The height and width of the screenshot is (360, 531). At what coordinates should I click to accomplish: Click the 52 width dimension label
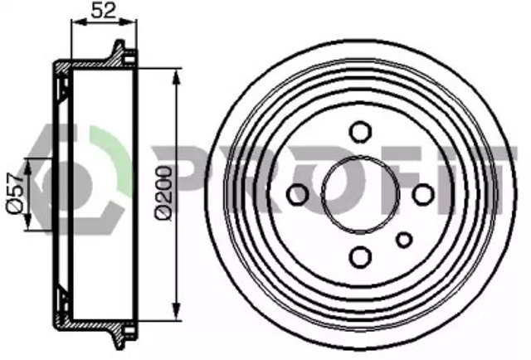tap(103, 10)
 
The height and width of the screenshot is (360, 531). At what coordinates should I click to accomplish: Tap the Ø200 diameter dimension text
tap(163, 192)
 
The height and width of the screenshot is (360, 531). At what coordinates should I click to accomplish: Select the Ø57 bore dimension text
tap(15, 193)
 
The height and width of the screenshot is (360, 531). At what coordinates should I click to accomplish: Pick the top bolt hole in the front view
tap(360, 132)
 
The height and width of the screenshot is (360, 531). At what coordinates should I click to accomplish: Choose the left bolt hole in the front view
tap(297, 194)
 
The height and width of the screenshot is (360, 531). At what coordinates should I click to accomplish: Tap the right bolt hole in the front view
tap(423, 194)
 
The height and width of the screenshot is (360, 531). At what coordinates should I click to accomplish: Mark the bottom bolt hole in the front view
tap(360, 257)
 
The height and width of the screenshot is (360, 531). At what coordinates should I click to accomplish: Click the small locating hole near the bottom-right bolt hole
tap(404, 240)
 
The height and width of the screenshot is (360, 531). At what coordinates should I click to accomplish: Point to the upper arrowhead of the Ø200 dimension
tap(176, 76)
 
